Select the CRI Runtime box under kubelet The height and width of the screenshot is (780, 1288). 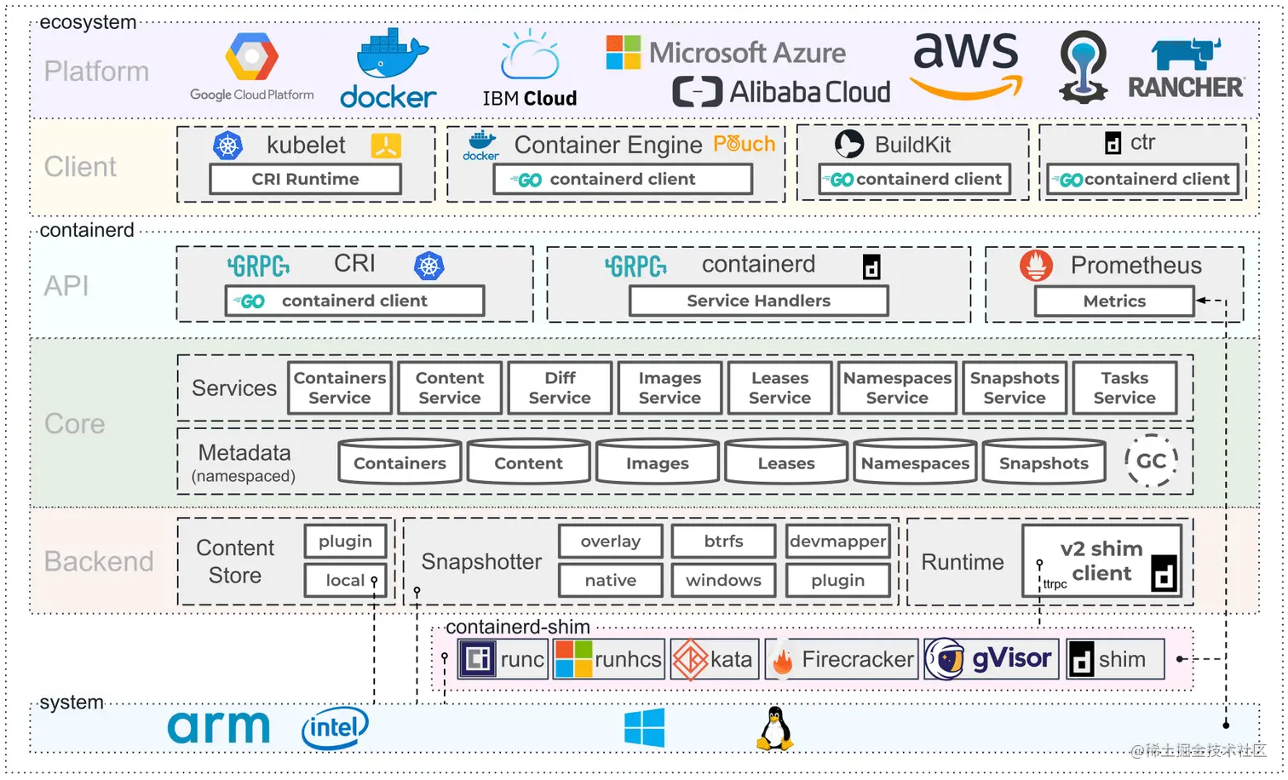305,180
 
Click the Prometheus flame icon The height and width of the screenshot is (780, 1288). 1036,266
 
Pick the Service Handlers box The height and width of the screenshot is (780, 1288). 758,301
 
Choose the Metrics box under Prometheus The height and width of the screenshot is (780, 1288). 1114,301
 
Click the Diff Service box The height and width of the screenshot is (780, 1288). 560,388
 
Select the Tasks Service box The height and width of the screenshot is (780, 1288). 1124,388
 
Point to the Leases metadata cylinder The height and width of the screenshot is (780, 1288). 786,463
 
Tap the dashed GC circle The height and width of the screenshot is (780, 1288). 1151,461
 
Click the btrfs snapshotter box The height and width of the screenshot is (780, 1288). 723,542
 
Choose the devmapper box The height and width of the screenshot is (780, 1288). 837,542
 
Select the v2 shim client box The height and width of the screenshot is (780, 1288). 1102,561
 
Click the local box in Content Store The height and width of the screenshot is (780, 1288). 345,581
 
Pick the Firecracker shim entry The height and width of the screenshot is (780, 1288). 842,660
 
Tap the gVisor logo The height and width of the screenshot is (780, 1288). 992,659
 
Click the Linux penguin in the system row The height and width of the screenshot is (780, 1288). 774,729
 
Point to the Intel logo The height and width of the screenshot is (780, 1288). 335,728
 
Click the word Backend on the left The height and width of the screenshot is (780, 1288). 99,562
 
